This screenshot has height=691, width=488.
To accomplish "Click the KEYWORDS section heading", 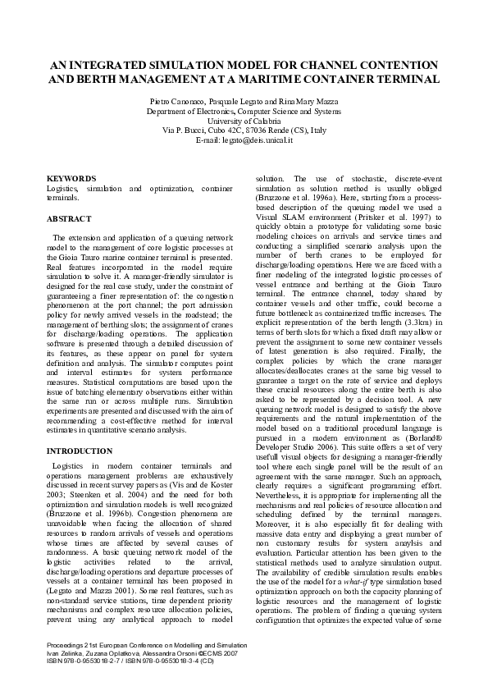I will point(71,178).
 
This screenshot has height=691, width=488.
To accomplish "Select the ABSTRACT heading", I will point(69,219).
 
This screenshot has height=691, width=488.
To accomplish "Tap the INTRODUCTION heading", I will point(80,451).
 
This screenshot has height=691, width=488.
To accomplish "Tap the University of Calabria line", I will point(244,120).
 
